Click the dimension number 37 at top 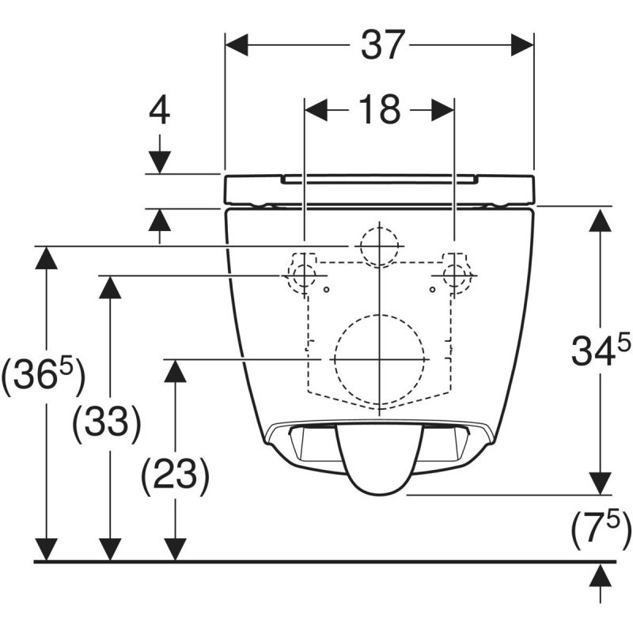(383, 45)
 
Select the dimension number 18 (380, 110)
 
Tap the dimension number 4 (160, 112)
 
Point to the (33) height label (106, 424)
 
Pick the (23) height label (175, 476)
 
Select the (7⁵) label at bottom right (601, 529)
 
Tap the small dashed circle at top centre (380, 246)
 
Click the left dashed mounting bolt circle (302, 275)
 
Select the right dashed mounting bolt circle (455, 275)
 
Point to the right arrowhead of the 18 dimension (442, 110)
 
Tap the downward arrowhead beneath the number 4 (160, 162)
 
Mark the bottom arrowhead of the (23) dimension (175, 548)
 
